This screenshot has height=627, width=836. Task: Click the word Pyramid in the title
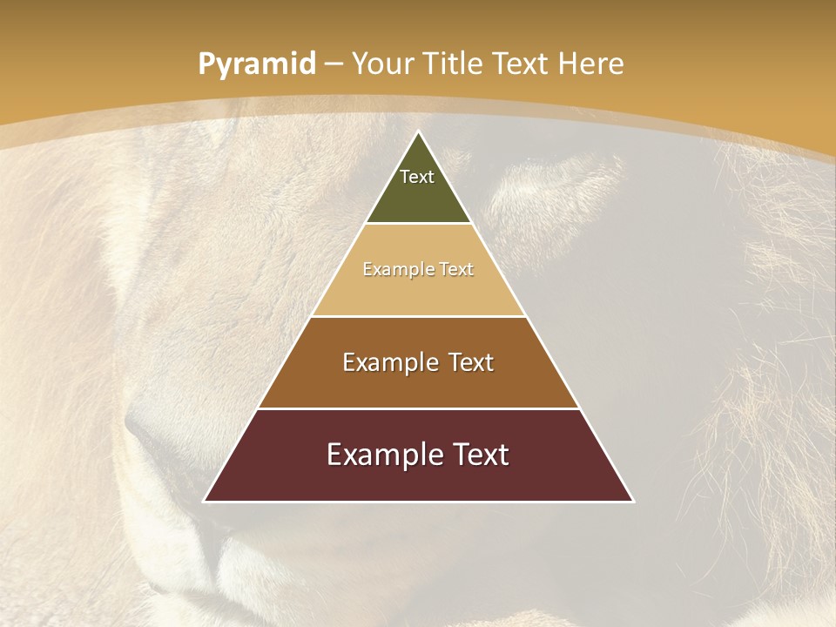tap(257, 64)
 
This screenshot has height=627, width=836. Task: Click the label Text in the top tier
tap(417, 177)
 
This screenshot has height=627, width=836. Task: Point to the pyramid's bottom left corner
tap(206, 501)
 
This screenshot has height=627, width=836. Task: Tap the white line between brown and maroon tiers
tap(418, 408)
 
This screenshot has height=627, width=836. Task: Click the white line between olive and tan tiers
tap(418, 224)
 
